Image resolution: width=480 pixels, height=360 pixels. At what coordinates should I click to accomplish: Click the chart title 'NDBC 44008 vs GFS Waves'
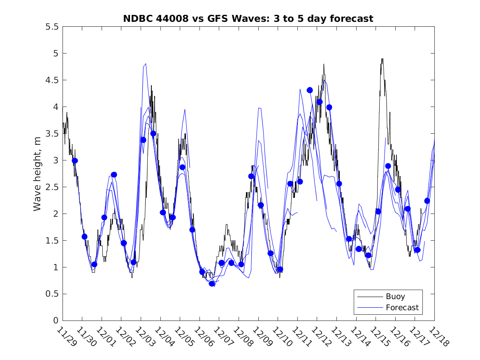pos(248,19)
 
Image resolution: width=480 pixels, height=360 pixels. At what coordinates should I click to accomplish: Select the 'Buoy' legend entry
pos(395,296)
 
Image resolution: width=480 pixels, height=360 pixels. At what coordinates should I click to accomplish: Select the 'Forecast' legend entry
pos(402,307)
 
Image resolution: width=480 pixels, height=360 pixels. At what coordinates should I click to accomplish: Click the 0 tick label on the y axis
pos(56,321)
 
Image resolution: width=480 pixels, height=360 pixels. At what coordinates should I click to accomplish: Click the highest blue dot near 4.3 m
pos(310,90)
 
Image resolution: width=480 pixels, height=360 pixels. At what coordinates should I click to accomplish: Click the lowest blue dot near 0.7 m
pos(212,283)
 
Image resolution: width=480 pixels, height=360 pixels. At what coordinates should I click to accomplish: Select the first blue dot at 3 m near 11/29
pos(75,160)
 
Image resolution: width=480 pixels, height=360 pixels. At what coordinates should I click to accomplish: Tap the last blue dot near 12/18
pos(427,201)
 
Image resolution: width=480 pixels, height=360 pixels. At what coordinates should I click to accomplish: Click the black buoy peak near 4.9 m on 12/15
pos(382,59)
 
